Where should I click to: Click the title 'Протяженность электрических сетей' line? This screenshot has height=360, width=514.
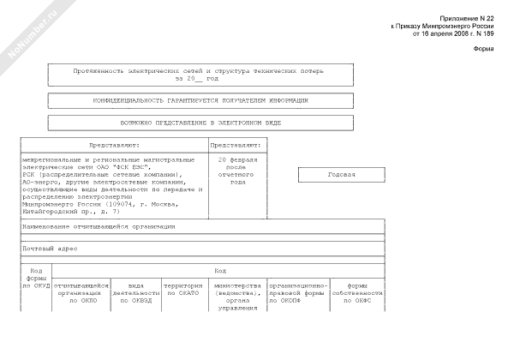[x=198, y=71]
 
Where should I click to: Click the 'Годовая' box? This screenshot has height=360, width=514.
[x=341, y=175]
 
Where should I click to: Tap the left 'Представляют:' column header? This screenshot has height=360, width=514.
[x=114, y=146]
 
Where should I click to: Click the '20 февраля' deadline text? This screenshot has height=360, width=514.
[x=237, y=160]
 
